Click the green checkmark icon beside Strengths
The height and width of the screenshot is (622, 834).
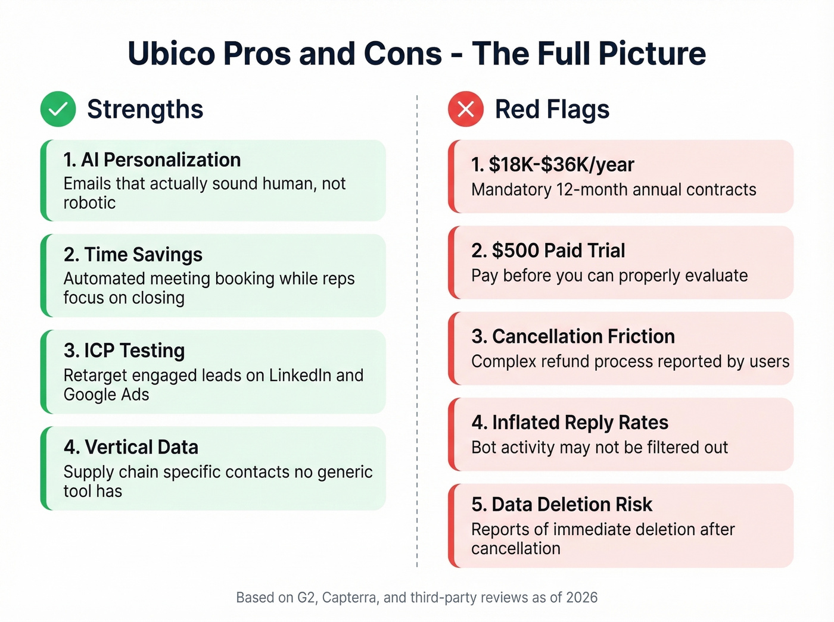point(58,109)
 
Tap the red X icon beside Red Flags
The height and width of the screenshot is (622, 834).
point(466,109)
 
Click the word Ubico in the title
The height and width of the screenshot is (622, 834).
point(172,54)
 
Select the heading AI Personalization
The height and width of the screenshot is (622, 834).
point(152,160)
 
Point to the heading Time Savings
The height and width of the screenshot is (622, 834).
point(133,255)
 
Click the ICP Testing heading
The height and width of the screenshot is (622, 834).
point(124,351)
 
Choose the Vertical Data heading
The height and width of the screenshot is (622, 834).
point(131,447)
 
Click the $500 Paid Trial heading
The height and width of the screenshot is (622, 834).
point(548,251)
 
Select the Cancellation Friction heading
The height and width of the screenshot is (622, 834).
point(573,336)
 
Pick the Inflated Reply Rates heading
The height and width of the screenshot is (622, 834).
point(570,423)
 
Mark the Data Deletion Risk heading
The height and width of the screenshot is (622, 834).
point(562,505)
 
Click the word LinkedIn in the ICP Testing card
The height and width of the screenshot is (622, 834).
point(300,376)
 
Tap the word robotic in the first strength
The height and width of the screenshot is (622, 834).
point(89,203)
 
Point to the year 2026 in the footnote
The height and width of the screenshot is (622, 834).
point(582,598)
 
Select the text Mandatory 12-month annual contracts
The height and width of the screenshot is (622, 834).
point(614,190)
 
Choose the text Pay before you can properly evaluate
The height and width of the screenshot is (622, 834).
point(609,276)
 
